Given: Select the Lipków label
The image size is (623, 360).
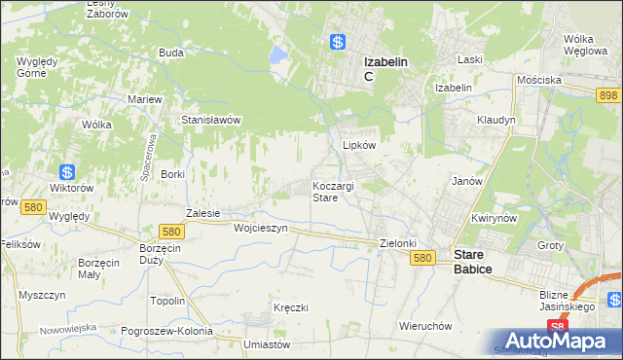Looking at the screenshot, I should (359, 145).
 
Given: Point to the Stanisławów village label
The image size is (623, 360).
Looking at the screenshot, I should (211, 121).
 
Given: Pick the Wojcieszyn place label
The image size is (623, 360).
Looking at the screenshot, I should (261, 228).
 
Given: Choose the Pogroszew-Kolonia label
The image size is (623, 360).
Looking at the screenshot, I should (167, 331).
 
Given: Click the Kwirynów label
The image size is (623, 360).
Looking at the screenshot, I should (492, 219).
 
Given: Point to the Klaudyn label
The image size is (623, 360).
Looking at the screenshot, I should (496, 120).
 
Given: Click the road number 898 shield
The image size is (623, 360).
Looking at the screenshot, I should (609, 93).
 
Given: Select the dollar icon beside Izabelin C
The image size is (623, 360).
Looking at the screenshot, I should (337, 43).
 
